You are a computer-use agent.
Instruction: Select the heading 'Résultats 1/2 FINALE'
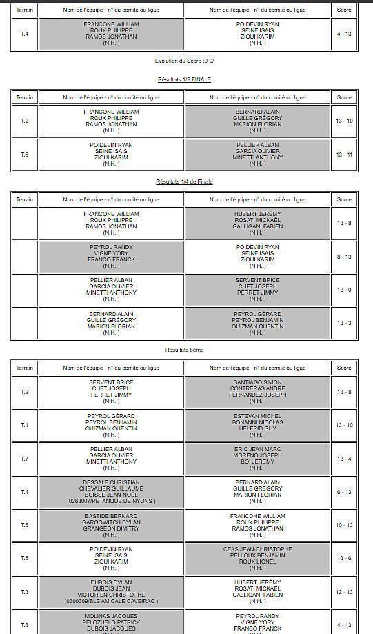click(184, 79)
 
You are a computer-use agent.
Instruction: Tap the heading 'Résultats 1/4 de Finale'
click(184, 181)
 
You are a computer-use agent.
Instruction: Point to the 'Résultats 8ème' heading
click(184, 350)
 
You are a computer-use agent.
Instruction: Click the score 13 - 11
click(344, 155)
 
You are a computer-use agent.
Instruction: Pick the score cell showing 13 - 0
click(344, 290)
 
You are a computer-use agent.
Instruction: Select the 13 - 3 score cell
click(344, 323)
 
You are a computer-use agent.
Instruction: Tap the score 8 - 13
click(344, 257)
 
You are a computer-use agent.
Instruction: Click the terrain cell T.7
click(25, 459)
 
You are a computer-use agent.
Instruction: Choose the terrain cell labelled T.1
click(25, 425)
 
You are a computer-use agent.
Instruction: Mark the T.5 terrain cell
click(25, 558)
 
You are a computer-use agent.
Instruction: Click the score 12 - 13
click(344, 592)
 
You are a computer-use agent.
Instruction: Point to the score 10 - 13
click(344, 525)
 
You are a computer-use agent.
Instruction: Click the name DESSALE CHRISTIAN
click(111, 482)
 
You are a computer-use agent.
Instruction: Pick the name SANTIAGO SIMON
click(257, 382)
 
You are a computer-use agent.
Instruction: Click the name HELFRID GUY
click(257, 428)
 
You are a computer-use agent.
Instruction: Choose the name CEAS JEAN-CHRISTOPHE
click(257, 549)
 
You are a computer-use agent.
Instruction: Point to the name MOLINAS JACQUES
click(111, 615)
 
